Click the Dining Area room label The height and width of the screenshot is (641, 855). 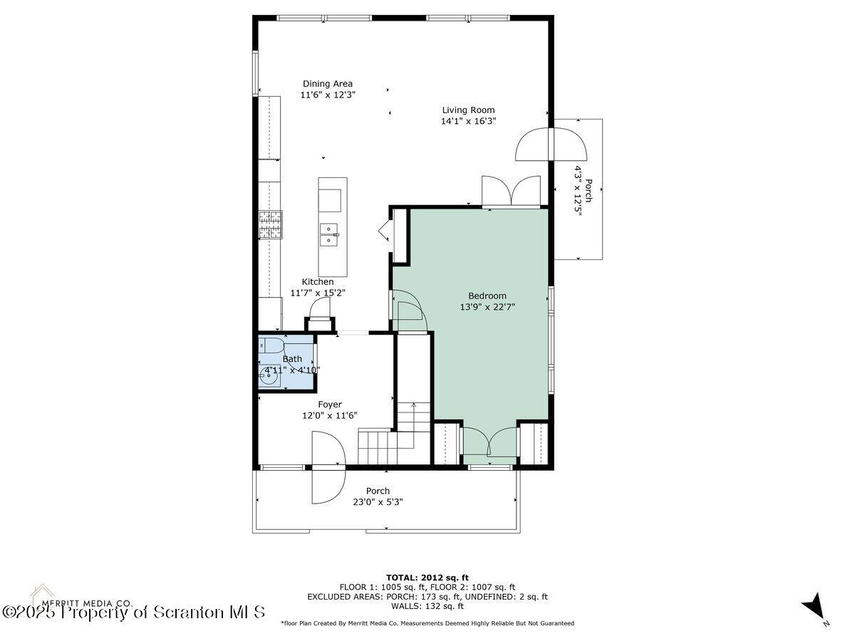click(327, 83)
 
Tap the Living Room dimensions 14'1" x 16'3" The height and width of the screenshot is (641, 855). click(468, 121)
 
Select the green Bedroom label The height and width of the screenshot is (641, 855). click(487, 296)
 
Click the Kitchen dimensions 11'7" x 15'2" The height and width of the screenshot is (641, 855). click(318, 293)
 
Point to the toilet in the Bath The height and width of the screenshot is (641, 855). click(271, 348)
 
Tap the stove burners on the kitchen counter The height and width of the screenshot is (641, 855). click(270, 225)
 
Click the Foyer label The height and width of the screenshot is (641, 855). click(330, 404)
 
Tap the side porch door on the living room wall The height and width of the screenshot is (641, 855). click(551, 145)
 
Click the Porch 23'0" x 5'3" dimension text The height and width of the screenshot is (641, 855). click(378, 501)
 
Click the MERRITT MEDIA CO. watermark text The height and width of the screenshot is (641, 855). click(82, 602)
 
